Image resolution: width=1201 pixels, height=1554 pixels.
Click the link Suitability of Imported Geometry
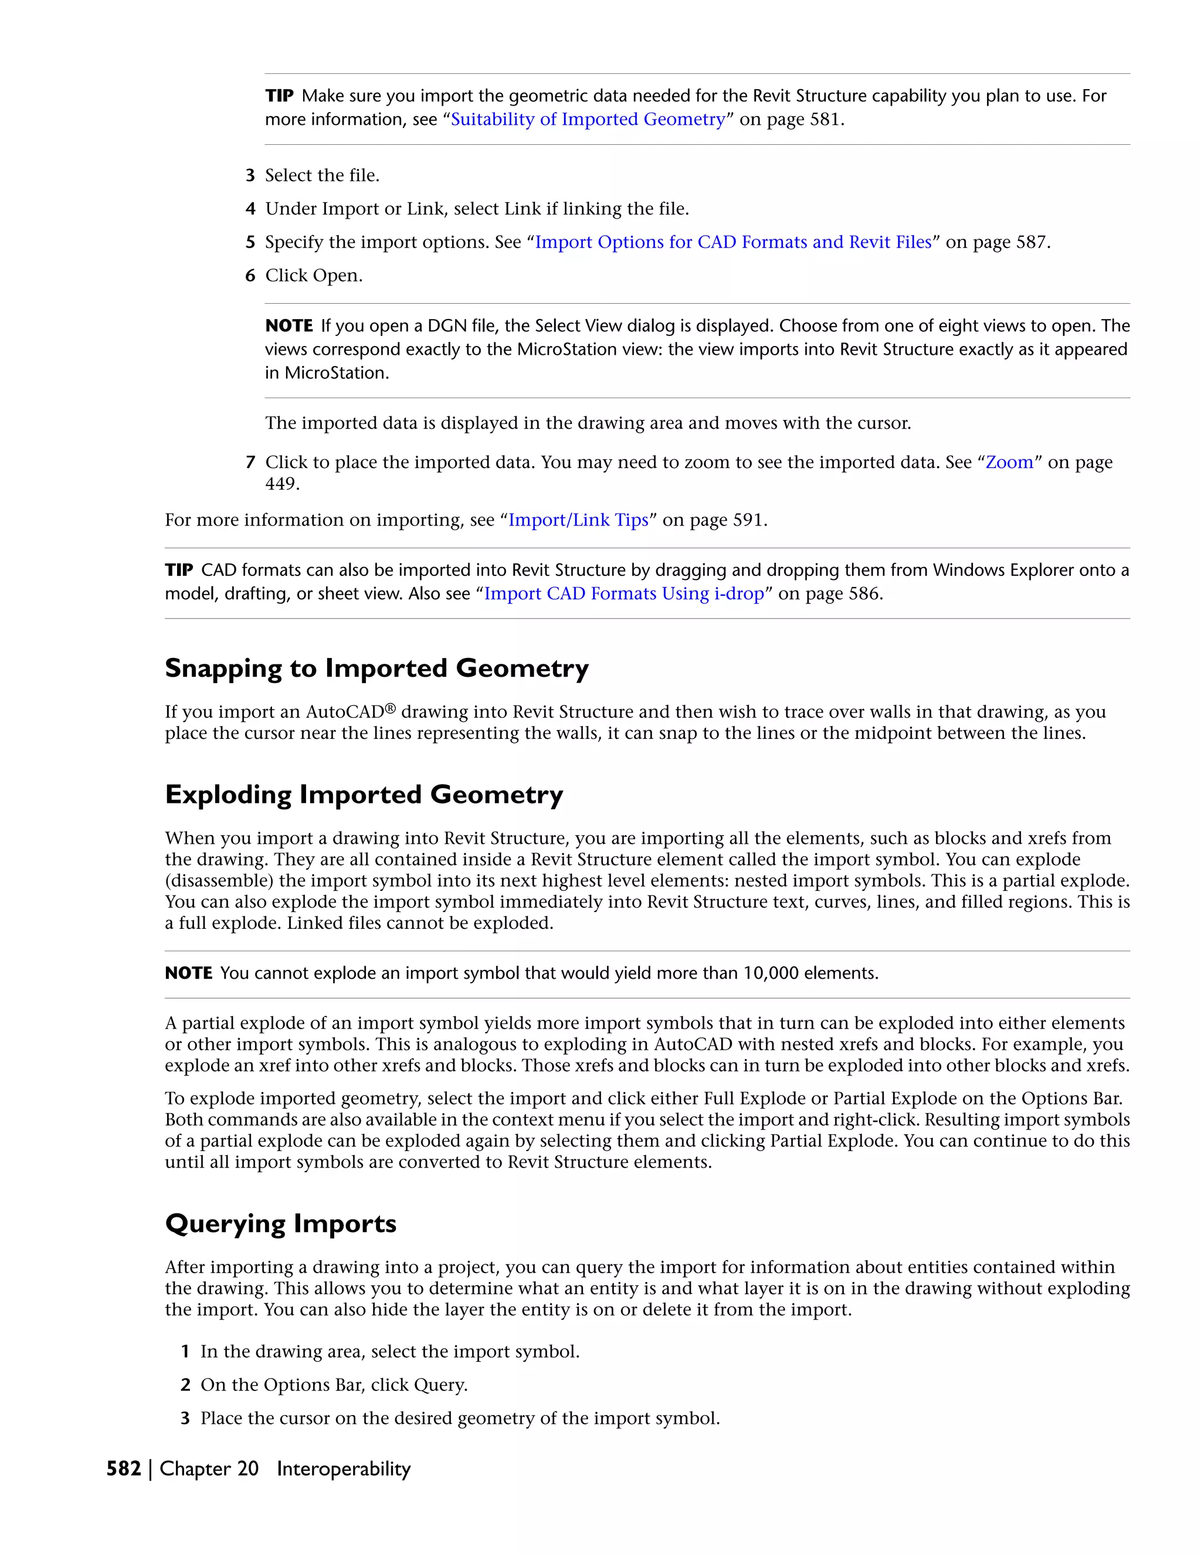pos(588,120)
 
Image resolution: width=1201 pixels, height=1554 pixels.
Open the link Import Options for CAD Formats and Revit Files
pos(733,243)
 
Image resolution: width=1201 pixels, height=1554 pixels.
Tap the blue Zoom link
pos(1008,463)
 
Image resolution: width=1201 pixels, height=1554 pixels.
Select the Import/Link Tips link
pos(578,520)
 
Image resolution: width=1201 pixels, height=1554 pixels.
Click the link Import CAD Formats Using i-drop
pos(623,594)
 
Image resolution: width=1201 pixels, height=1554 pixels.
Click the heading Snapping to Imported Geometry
pos(376,669)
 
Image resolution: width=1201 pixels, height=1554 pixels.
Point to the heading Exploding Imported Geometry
pos(364,795)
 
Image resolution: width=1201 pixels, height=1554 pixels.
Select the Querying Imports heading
pos(280,1224)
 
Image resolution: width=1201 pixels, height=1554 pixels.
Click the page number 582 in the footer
pos(124,1468)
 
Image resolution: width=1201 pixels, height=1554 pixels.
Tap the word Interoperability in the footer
pos(344,1468)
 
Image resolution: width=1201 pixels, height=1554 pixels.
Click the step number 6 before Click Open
pos(250,276)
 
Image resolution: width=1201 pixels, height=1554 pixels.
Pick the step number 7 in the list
pos(250,463)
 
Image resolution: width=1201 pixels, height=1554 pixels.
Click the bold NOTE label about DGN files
pos(289,326)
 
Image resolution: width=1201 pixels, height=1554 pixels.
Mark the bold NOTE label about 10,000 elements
pos(189,973)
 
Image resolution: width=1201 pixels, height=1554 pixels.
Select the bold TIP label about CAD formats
pos(179,571)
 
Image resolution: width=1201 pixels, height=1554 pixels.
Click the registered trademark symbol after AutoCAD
pos(390,709)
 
